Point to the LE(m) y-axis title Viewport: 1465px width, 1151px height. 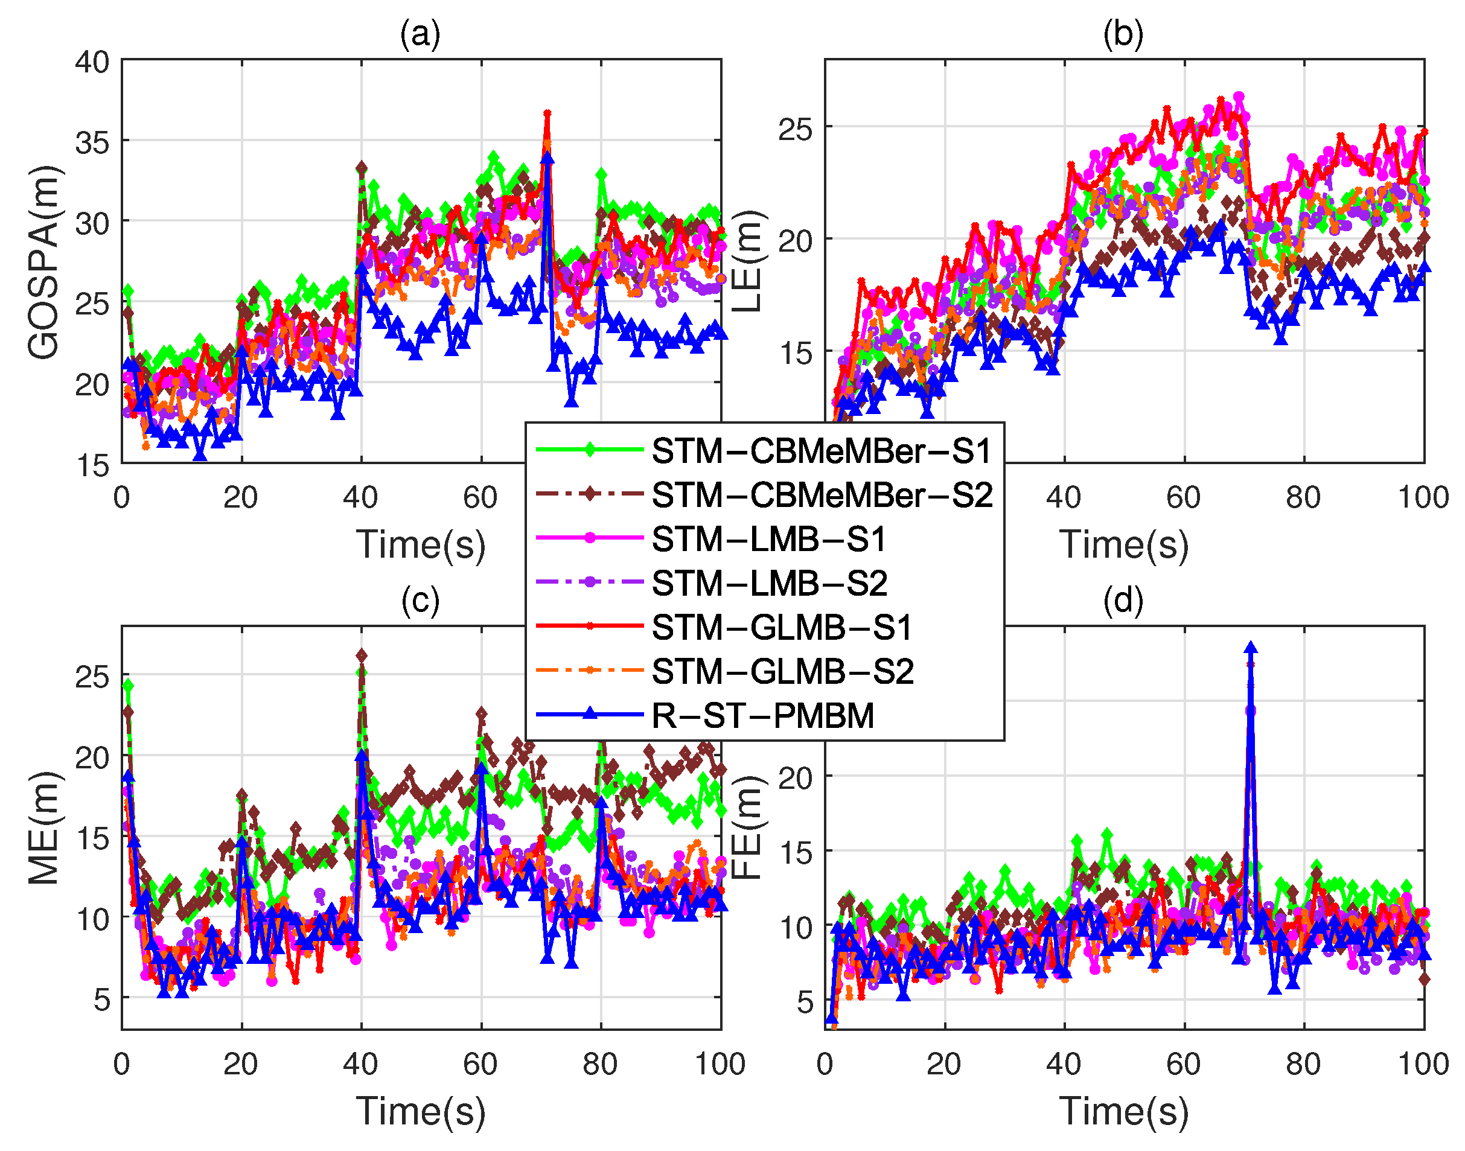[x=747, y=261]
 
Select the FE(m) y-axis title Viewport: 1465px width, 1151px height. [x=747, y=827]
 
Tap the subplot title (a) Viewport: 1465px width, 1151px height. [x=421, y=34]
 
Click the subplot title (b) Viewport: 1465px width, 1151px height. [x=1123, y=34]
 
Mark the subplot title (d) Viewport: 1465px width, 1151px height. [x=1123, y=600]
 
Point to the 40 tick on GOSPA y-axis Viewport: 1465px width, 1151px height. [x=92, y=62]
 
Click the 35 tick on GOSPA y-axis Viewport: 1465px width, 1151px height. [x=92, y=142]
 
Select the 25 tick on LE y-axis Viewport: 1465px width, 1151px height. [x=795, y=129]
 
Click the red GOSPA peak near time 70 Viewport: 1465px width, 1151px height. [x=547, y=115]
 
